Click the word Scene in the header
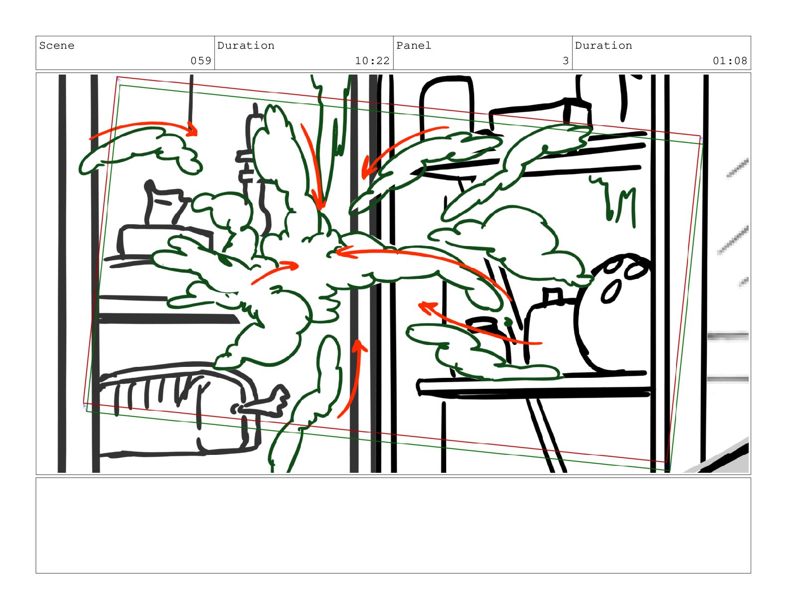pos(57,46)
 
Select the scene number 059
pos(200,61)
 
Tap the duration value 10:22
pos(372,61)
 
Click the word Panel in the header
pos(413,46)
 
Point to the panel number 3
pos(565,61)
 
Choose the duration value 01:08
pos(729,61)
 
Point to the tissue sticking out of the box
pos(167,203)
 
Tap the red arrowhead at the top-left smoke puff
pos(192,129)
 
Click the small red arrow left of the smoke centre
pos(275,273)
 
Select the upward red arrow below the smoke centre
pos(353,378)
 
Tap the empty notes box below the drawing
pos(393,525)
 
